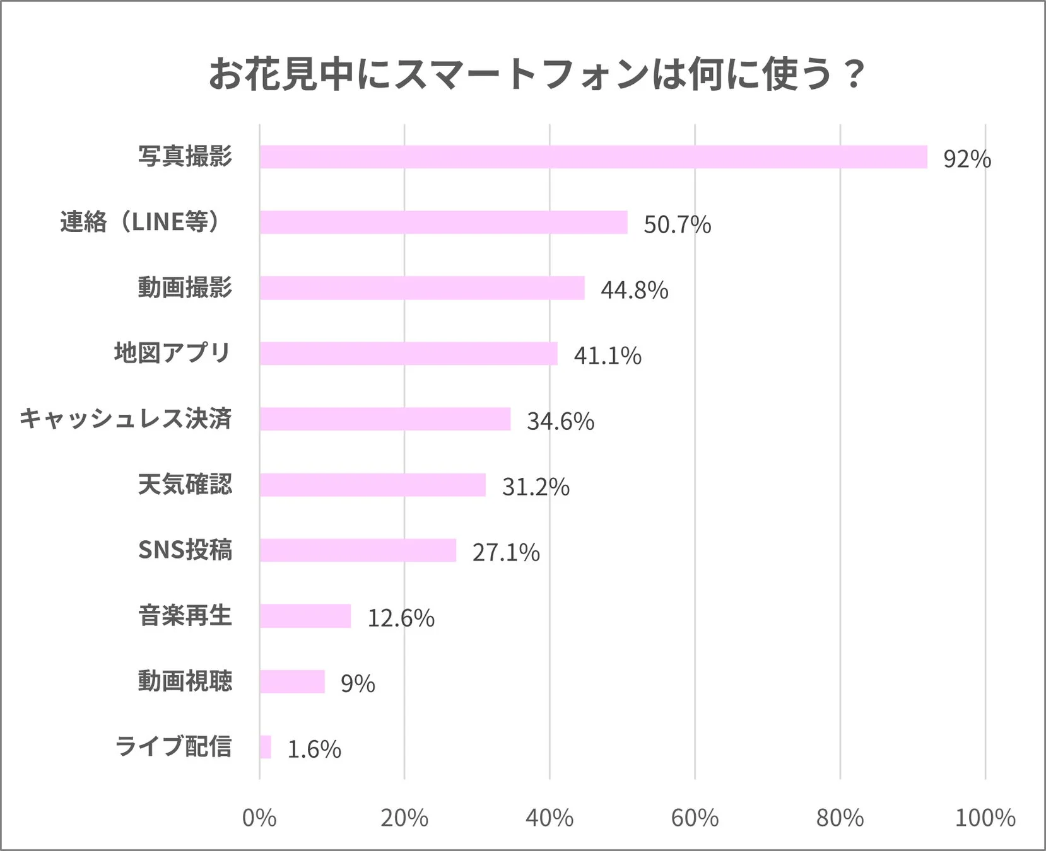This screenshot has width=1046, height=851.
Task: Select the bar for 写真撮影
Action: pos(593,157)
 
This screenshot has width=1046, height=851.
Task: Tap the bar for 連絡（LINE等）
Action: pos(444,223)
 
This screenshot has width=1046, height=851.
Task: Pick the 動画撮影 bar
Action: pos(422,288)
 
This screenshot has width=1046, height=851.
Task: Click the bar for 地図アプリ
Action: pos(408,354)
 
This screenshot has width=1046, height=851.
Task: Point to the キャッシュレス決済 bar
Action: pos(385,419)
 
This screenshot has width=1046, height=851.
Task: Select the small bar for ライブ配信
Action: pos(265,747)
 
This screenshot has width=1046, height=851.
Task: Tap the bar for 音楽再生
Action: pos(305,616)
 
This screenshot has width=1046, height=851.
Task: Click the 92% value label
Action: pos(967,159)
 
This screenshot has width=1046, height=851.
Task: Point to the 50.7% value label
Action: pos(677,224)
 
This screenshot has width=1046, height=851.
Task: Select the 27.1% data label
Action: pos(506,552)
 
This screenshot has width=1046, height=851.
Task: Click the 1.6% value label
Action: pos(314,749)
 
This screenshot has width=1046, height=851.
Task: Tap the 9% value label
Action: pos(358,683)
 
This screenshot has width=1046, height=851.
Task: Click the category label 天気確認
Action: pos(185,484)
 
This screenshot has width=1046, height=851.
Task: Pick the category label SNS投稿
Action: pos(185,550)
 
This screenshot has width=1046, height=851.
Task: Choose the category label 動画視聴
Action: pos(185,681)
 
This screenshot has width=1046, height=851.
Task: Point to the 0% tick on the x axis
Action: pos(259,818)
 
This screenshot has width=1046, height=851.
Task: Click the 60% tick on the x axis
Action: pos(695,818)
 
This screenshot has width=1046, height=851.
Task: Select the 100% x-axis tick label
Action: pos(985,818)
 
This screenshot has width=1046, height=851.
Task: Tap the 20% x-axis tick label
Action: pos(404,818)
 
